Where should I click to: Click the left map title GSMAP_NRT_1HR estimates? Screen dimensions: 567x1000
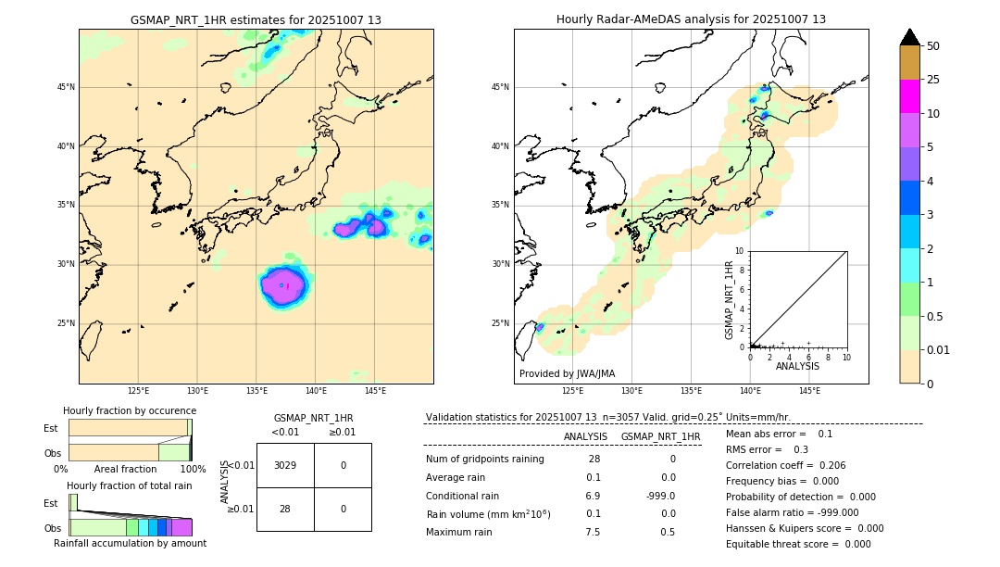point(256,19)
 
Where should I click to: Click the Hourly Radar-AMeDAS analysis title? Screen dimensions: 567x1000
point(691,19)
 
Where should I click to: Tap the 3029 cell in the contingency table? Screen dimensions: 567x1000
point(285,465)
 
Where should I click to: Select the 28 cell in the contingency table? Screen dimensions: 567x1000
point(285,509)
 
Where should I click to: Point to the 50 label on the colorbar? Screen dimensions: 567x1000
point(933,45)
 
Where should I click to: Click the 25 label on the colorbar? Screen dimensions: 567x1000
point(933,80)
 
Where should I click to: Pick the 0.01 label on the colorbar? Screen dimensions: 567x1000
point(939,350)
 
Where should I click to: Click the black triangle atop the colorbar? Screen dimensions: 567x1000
point(910,37)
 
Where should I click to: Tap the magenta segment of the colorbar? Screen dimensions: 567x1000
point(910,96)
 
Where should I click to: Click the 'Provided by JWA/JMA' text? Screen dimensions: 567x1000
point(567,373)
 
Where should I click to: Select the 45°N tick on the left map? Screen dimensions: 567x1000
point(66,87)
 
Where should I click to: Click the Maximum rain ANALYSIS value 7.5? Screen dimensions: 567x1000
point(593,532)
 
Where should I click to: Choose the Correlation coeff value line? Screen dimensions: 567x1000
point(785,465)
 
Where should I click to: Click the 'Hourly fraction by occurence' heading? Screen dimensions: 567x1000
point(130,410)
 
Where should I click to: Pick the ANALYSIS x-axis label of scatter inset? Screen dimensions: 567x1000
point(797,366)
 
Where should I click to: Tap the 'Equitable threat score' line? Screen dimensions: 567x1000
point(798,544)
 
